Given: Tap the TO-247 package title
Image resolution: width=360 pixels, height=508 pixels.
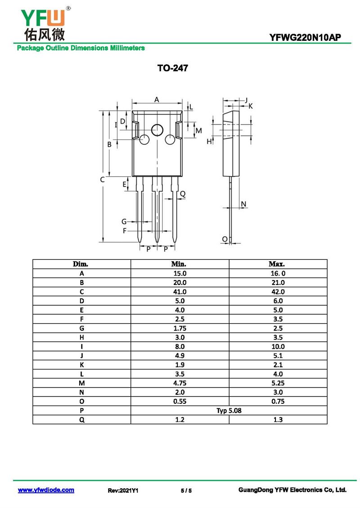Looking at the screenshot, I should click(x=172, y=68).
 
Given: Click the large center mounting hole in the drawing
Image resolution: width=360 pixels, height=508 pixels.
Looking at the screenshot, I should click(x=157, y=130).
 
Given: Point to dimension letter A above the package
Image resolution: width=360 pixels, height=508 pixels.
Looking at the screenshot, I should click(x=157, y=99).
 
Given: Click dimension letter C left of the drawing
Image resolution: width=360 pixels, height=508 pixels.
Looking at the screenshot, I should click(x=102, y=179).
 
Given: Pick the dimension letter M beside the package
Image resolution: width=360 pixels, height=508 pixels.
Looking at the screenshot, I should click(x=198, y=130).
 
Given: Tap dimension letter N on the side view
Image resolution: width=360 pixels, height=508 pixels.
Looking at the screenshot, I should click(x=243, y=205).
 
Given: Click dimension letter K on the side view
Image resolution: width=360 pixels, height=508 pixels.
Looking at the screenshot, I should click(x=251, y=106).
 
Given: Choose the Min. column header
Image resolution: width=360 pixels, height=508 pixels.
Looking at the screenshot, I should click(x=179, y=264).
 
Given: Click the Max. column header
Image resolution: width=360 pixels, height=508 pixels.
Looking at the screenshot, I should click(x=277, y=264).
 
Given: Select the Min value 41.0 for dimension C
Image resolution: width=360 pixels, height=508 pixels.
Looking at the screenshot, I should click(x=179, y=292).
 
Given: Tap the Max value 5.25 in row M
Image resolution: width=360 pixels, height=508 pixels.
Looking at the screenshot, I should click(x=277, y=383).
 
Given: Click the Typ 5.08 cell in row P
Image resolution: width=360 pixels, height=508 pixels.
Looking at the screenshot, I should click(x=229, y=410).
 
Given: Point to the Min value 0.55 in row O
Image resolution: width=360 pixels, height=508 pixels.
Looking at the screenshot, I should click(x=179, y=401).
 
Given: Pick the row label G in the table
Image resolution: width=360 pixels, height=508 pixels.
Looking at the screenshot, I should click(x=81, y=328).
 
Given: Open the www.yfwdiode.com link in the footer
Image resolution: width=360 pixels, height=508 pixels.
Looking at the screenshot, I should click(x=46, y=490).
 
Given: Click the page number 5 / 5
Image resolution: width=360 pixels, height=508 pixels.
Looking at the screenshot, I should click(x=186, y=490).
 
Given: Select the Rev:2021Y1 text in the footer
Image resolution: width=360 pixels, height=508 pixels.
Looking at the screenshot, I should click(x=123, y=490).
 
